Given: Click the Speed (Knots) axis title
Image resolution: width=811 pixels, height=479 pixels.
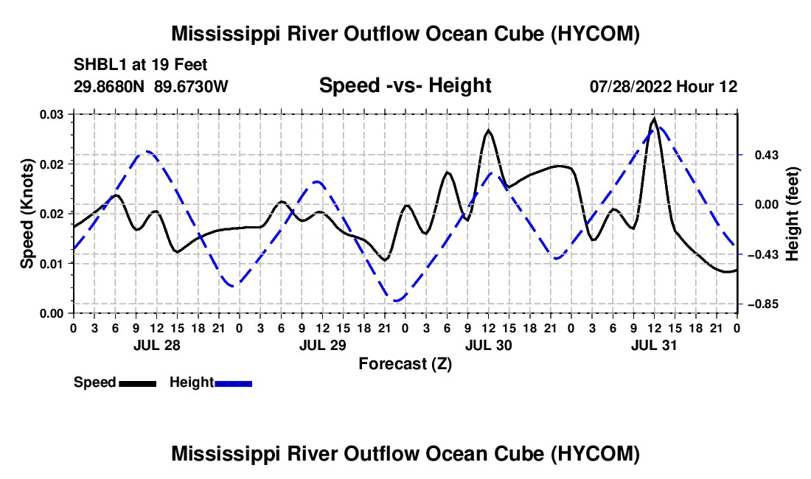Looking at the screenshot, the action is point(27,214).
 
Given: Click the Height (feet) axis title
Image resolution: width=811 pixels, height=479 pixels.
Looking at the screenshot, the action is point(793,214).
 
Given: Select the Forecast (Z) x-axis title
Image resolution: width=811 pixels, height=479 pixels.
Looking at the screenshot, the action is point(405,364).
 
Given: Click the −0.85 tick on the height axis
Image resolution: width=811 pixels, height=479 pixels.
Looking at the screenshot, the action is point(763,304).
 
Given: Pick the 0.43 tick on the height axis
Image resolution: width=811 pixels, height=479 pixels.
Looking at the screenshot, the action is point(767,155).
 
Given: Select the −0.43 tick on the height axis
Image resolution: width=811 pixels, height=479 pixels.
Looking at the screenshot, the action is point(763,255).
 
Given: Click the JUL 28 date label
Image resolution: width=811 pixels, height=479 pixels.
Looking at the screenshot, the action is point(157,345).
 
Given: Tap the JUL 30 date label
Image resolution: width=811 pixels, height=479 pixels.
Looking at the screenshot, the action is point(488,345).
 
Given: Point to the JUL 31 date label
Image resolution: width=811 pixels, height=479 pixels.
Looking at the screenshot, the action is point(654,345).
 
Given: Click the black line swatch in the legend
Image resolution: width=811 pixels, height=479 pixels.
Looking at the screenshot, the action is point(138,383).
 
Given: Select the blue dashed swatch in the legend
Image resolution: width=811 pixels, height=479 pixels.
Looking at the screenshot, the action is point(233,383).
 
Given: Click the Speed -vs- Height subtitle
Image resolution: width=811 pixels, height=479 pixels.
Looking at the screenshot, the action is point(405,85).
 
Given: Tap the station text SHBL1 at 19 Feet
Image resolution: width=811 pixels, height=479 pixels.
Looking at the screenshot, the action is point(140,65).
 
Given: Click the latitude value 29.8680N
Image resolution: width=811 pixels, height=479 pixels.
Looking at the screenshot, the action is point(109,86).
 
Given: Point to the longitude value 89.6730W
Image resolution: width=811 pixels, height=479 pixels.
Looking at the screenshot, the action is point(191,86).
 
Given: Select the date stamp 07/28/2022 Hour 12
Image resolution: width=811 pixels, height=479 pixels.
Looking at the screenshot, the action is point(664,86).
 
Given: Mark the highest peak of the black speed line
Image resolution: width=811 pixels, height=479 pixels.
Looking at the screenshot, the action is point(654,119).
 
